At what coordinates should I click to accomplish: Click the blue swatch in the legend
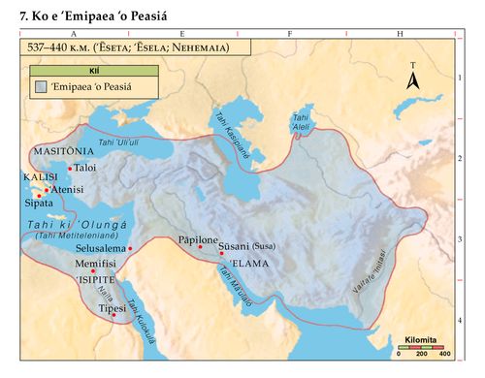pyautogui.click(x=40, y=87)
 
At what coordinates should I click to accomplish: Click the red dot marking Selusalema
pyautogui.click(x=130, y=249)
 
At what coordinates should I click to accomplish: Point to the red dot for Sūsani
pyautogui.click(x=222, y=252)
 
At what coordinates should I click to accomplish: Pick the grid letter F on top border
pyautogui.click(x=290, y=34)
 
